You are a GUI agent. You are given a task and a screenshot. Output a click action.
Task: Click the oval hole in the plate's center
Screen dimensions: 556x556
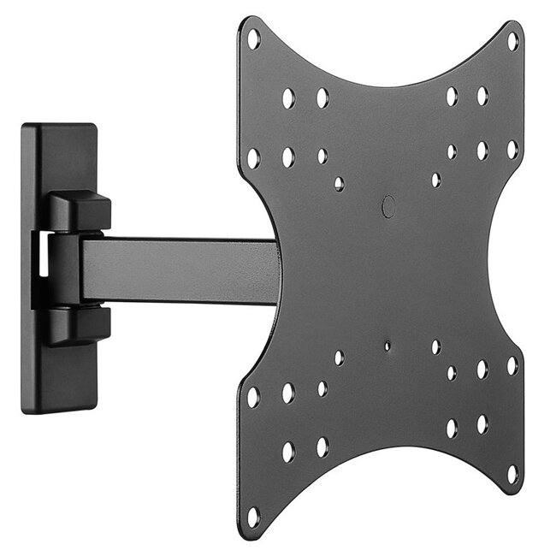click(x=388, y=205)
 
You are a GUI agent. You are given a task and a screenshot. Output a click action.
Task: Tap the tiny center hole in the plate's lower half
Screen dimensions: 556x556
click(x=387, y=346)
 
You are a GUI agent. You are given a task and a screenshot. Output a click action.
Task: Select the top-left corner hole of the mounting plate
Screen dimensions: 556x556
click(x=253, y=38)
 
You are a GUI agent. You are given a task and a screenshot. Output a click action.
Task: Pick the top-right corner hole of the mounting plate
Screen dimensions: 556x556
click(x=512, y=40)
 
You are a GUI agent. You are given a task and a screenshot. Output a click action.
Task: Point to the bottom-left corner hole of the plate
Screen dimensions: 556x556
click(x=253, y=515)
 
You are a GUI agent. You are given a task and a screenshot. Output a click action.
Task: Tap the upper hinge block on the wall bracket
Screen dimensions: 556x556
click(x=80, y=210)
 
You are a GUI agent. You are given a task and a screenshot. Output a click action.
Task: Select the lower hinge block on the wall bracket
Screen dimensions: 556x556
click(x=80, y=325)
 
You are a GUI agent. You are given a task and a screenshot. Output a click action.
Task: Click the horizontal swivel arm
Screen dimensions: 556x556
click(x=180, y=269)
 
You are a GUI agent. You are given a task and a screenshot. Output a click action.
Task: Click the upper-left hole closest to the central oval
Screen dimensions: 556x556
click(x=340, y=183)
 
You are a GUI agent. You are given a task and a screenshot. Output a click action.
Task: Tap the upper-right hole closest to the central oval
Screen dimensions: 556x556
click(x=436, y=180)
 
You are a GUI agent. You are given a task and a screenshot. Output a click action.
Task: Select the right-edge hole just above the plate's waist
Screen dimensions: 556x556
click(x=512, y=149)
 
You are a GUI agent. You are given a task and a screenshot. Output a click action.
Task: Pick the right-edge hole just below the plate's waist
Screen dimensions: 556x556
click(x=512, y=365)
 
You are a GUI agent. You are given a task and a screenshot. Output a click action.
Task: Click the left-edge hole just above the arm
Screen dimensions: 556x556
click(x=253, y=158)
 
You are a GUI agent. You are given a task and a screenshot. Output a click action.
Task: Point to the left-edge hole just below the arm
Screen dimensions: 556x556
click(x=253, y=397)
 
